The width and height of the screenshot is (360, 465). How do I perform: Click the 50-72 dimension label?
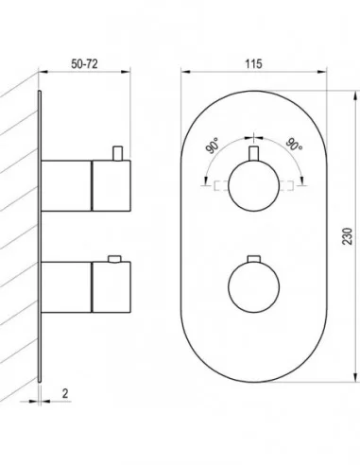point(84,64)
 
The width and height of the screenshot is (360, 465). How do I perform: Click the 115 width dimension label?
point(253,64)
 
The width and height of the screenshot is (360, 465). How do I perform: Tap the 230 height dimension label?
point(348,236)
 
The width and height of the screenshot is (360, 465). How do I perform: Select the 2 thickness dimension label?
point(65,393)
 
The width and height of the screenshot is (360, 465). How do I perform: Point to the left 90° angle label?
point(213,146)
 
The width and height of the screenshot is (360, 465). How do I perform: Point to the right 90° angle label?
point(294,145)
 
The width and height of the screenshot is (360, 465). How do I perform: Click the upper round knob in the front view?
point(254,185)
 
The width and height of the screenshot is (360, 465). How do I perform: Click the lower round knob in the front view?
point(254,287)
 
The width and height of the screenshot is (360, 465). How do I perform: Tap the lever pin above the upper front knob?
point(254,154)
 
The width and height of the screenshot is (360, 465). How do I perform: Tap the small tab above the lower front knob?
point(254,259)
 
